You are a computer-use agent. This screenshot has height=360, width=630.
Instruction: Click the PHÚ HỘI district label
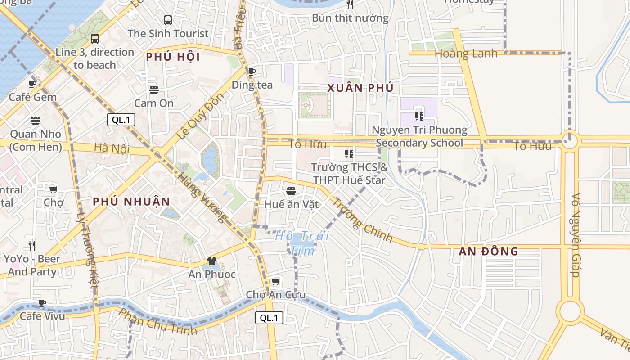(x=173, y=57)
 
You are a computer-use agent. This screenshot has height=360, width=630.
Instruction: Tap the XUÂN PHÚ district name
(x=360, y=88)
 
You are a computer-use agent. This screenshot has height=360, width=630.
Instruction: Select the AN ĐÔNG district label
(x=488, y=252)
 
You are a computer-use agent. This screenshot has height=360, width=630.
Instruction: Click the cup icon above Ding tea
(x=252, y=72)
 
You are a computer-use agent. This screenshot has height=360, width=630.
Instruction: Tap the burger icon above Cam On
(x=154, y=90)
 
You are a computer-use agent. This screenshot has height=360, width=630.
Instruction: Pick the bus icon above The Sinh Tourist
(x=168, y=20)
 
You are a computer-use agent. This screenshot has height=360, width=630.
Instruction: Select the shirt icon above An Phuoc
(x=211, y=261)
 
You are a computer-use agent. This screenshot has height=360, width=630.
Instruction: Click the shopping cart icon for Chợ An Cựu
(x=275, y=282)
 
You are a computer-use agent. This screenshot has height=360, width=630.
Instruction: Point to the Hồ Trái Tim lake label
(x=301, y=243)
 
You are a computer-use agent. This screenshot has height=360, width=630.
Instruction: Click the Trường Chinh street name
(x=362, y=220)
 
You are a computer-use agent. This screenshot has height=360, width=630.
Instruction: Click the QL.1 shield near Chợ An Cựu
(x=269, y=318)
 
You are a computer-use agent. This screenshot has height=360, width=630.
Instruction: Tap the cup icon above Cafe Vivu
(x=42, y=303)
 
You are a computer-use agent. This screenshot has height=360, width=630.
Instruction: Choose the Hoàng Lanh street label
(x=466, y=54)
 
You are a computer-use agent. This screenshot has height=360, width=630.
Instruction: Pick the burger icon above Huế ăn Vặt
(x=291, y=191)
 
